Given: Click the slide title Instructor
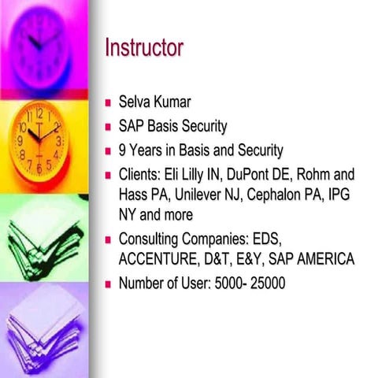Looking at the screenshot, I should pos(144,48).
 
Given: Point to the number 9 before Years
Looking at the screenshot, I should pos(123,150).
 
